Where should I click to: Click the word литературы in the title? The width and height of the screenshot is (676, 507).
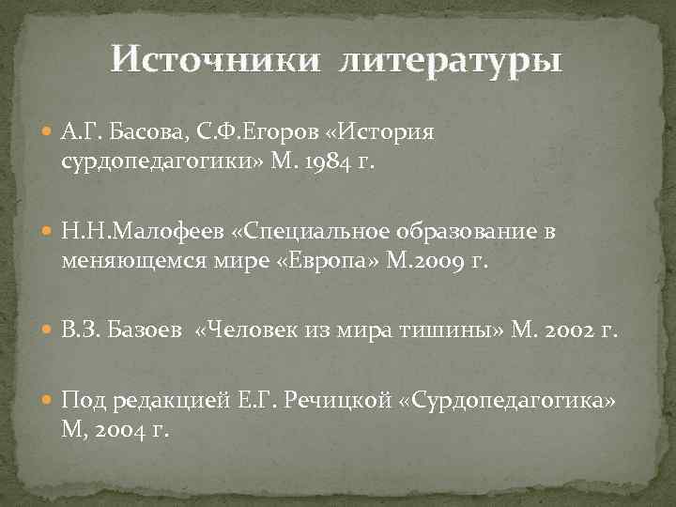(x=451, y=61)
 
